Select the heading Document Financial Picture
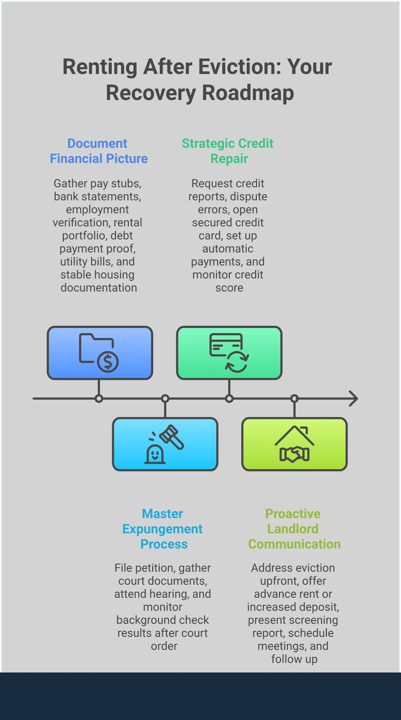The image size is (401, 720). (x=99, y=151)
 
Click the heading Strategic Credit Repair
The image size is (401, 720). (x=228, y=151)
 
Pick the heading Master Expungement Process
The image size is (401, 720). (x=162, y=529)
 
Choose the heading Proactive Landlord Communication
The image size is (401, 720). (x=294, y=529)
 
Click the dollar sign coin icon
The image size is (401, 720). (x=108, y=362)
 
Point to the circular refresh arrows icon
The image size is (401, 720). (x=237, y=362)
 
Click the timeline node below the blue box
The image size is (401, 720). (x=99, y=399)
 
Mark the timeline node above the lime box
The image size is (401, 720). (x=294, y=399)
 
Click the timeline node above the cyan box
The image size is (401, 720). (x=165, y=399)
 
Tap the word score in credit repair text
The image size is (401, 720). (x=229, y=288)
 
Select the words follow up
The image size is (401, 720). (x=294, y=659)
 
